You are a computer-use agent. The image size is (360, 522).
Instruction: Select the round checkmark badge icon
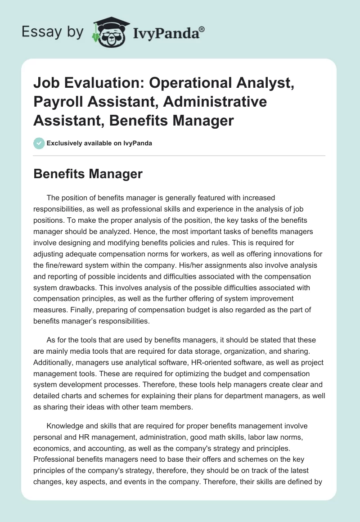39,143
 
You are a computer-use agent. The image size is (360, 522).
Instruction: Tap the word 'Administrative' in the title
215,102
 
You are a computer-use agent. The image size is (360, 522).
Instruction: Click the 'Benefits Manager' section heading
88,174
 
